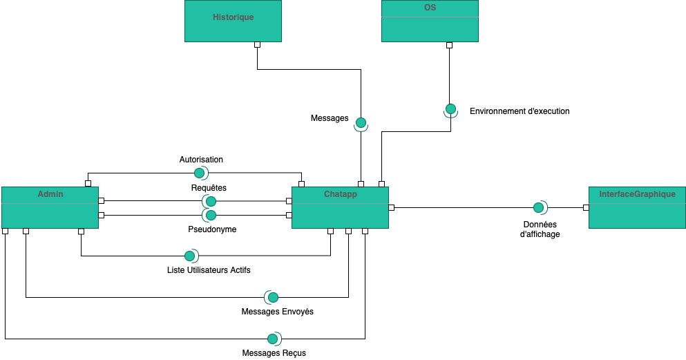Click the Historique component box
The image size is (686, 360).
point(233,21)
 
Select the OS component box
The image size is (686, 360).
point(430,21)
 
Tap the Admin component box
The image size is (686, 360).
point(50,207)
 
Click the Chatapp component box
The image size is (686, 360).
point(340,207)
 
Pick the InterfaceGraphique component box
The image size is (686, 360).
point(637,207)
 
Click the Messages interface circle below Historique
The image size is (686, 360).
point(360,123)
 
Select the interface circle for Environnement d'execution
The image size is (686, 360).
point(450,109)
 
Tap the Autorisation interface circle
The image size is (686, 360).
point(200,173)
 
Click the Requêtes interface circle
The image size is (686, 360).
point(211,201)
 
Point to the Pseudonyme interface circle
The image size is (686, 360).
point(211,215)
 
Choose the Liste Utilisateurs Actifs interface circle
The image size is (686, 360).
point(189,256)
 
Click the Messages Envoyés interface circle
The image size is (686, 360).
point(273,297)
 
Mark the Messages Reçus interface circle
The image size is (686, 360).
point(273,339)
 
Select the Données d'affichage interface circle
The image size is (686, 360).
point(537,207)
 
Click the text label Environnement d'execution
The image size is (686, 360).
point(520,111)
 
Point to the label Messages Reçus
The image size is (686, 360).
point(274,353)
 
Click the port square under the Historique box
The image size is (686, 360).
point(257,45)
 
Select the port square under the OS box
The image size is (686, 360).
point(449,45)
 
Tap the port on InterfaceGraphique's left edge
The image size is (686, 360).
point(585,207)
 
